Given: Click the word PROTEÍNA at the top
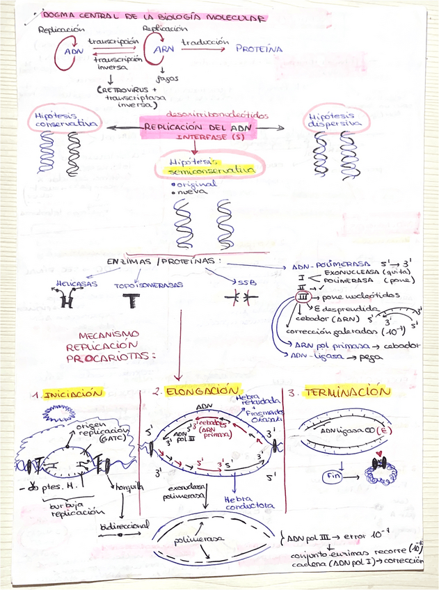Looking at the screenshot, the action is point(259,49).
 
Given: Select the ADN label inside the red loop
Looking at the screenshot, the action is point(73,51).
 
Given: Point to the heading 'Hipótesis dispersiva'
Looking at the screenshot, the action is point(335,120).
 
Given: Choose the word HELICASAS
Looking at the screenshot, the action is point(77,284).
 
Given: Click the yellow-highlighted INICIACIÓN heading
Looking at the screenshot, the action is point(72,393).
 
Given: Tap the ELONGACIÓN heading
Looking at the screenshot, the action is point(202,392).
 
